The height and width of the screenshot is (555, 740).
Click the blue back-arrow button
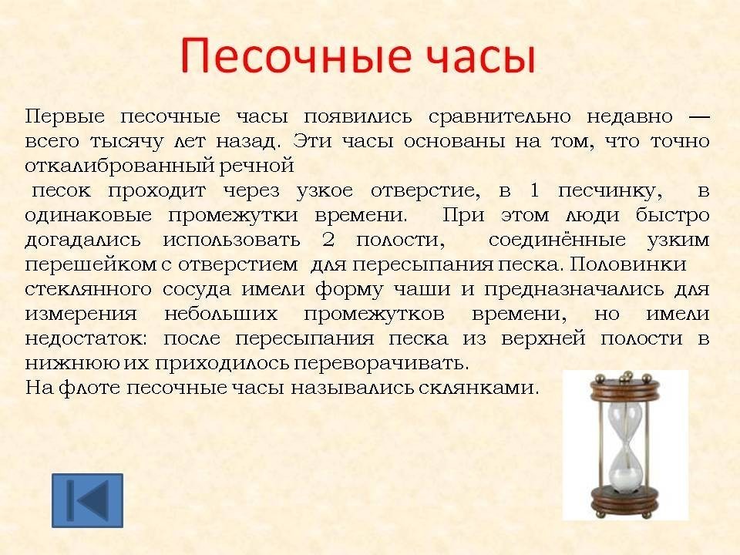[87, 500]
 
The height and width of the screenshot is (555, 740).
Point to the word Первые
[65, 116]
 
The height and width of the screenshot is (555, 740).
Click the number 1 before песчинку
[534, 190]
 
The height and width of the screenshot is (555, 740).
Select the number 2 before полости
[328, 239]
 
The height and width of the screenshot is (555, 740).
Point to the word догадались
[82, 240]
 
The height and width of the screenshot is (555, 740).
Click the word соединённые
[557, 239]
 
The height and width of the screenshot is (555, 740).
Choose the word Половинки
[627, 264]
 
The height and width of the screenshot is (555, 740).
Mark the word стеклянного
[88, 289]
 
